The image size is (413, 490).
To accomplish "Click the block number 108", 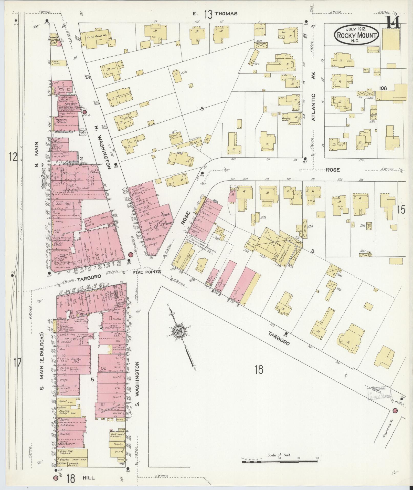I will [383, 88].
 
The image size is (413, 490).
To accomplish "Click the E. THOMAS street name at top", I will [215, 14].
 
